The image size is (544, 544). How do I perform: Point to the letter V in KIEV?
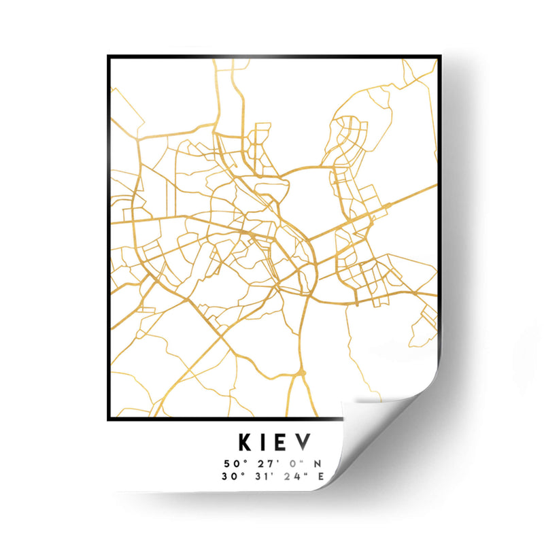[x=305, y=443]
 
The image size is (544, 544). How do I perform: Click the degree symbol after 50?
[x=243, y=462]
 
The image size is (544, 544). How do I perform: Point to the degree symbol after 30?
[x=243, y=473]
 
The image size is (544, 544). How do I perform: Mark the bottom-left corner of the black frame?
[x=109, y=418]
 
